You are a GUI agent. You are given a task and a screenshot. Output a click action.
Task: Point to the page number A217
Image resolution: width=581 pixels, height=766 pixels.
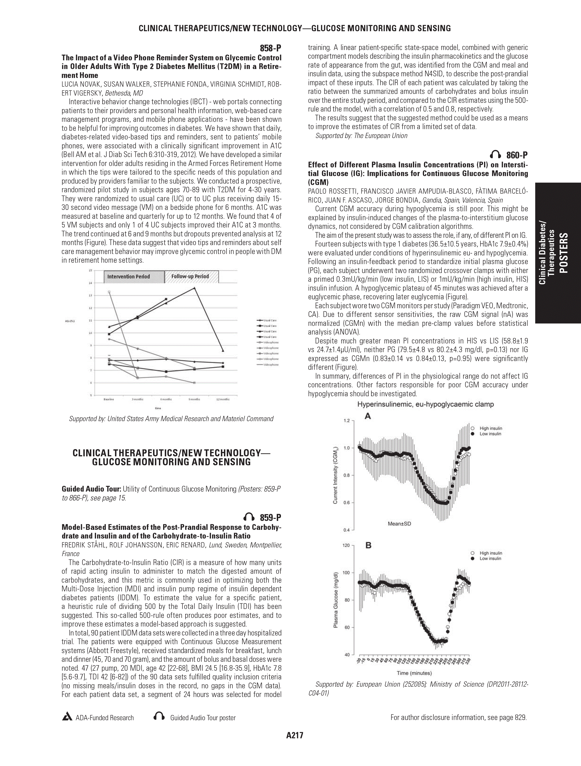click(x=295, y=745)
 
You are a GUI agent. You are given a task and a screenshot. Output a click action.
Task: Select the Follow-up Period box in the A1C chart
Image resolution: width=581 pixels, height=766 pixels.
click(x=190, y=276)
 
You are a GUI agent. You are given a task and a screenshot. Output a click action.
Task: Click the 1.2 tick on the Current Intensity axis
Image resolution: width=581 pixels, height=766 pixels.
click(x=346, y=421)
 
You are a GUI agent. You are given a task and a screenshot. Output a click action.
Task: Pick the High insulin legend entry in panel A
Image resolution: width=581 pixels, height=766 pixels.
click(x=491, y=428)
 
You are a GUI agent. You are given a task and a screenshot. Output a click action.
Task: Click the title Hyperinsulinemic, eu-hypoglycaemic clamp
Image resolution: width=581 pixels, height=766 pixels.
click(x=426, y=404)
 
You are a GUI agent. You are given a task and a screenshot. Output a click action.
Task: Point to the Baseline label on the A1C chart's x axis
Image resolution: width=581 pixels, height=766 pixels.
click(x=109, y=399)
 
